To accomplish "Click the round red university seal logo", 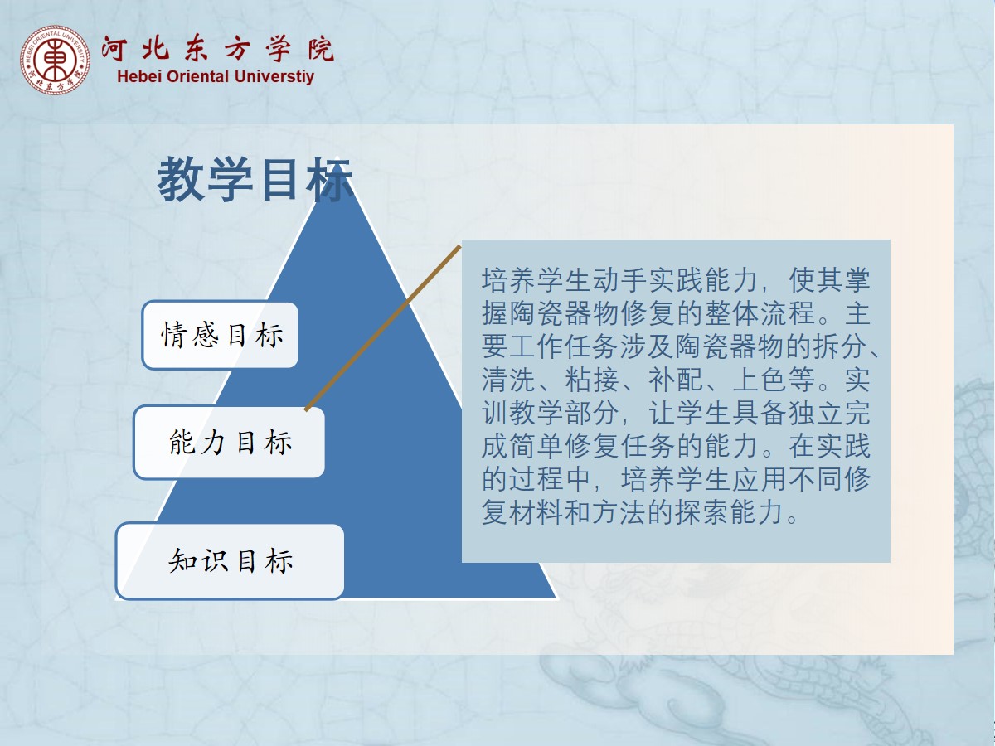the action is (x=55, y=60).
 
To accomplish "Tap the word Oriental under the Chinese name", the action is (x=197, y=76).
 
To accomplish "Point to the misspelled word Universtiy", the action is (x=274, y=76).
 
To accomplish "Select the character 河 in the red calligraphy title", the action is (x=114, y=48).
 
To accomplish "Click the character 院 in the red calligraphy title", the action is (x=321, y=48).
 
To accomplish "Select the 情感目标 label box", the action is (x=221, y=335).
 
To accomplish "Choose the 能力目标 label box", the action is (x=229, y=442).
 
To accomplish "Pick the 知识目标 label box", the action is (x=230, y=561).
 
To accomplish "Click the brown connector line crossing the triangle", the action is (x=383, y=328).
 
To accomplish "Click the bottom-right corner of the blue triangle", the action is (x=556, y=598).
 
